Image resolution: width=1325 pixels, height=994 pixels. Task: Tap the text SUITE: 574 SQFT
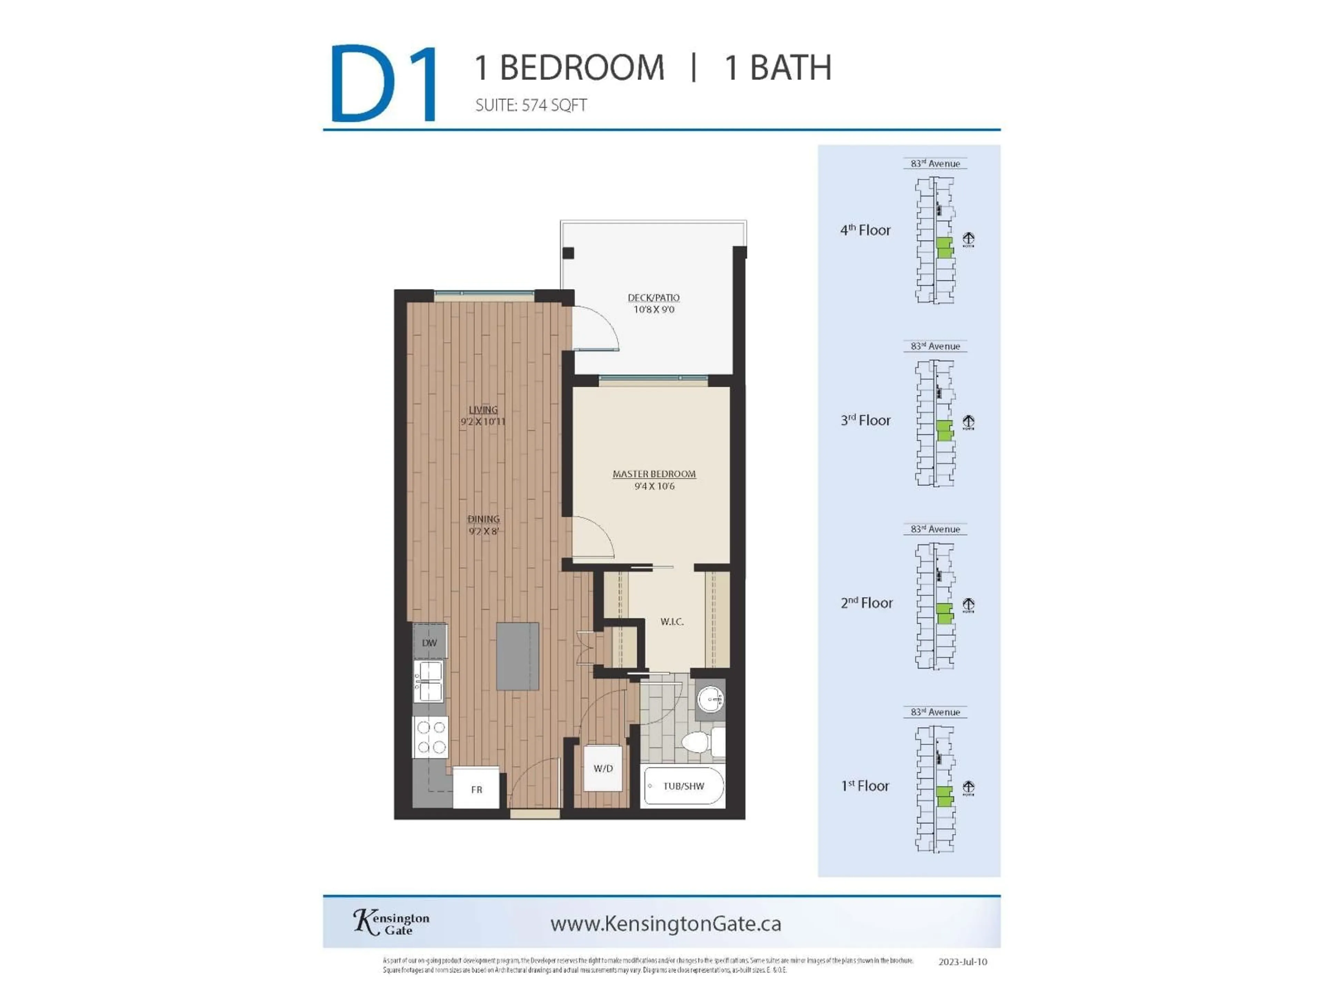[531, 106]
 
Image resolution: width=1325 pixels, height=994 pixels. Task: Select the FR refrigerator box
[476, 789]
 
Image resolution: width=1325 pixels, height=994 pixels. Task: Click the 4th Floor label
[865, 230]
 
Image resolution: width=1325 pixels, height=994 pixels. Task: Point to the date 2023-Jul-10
[962, 962]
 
